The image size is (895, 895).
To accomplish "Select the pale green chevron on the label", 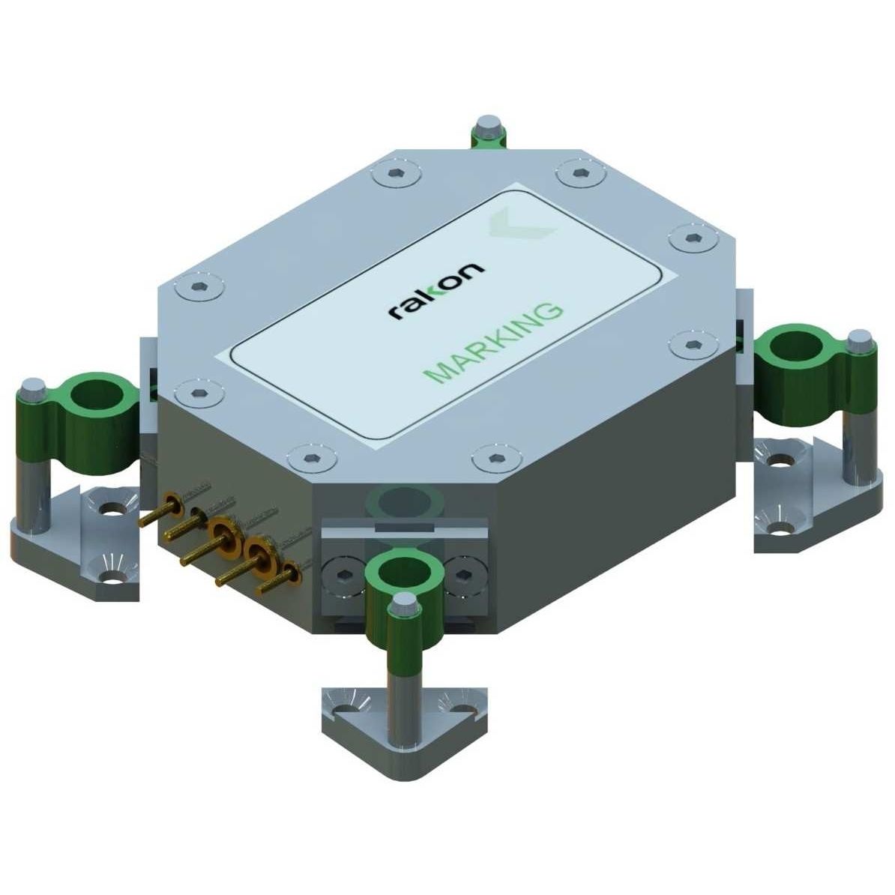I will click(x=520, y=223).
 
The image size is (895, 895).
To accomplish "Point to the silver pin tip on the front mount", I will click(x=404, y=603).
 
